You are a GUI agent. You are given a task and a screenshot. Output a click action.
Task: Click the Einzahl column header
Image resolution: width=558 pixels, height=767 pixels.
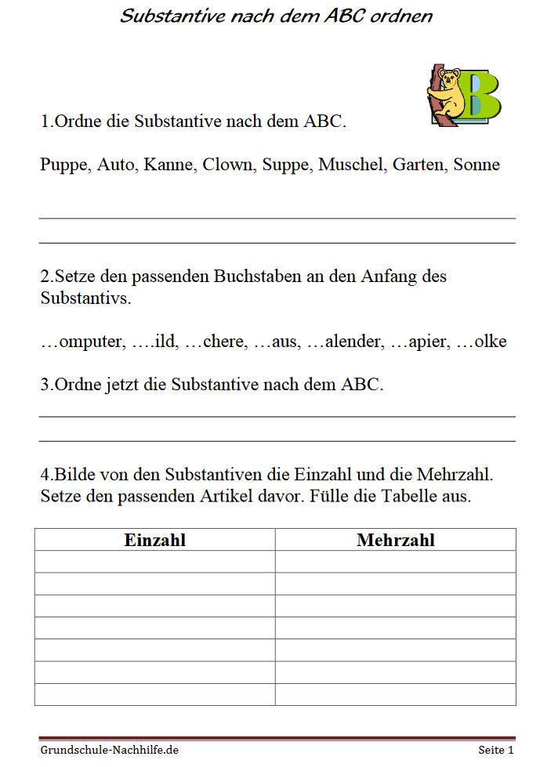(154, 540)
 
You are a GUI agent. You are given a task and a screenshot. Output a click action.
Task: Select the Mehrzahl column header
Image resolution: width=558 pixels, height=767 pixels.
(395, 540)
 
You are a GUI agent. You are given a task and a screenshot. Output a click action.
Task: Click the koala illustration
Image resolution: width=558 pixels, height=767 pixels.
(446, 92)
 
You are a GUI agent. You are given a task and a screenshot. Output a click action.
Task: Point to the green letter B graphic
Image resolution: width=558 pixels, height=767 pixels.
(480, 96)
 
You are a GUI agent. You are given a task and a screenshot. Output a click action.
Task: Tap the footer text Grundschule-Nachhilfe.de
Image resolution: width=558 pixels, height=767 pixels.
(110, 750)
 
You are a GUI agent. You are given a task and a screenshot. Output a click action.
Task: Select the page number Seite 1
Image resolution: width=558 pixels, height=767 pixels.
(496, 750)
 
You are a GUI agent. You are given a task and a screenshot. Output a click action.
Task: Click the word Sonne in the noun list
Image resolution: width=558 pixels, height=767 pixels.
(476, 165)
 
